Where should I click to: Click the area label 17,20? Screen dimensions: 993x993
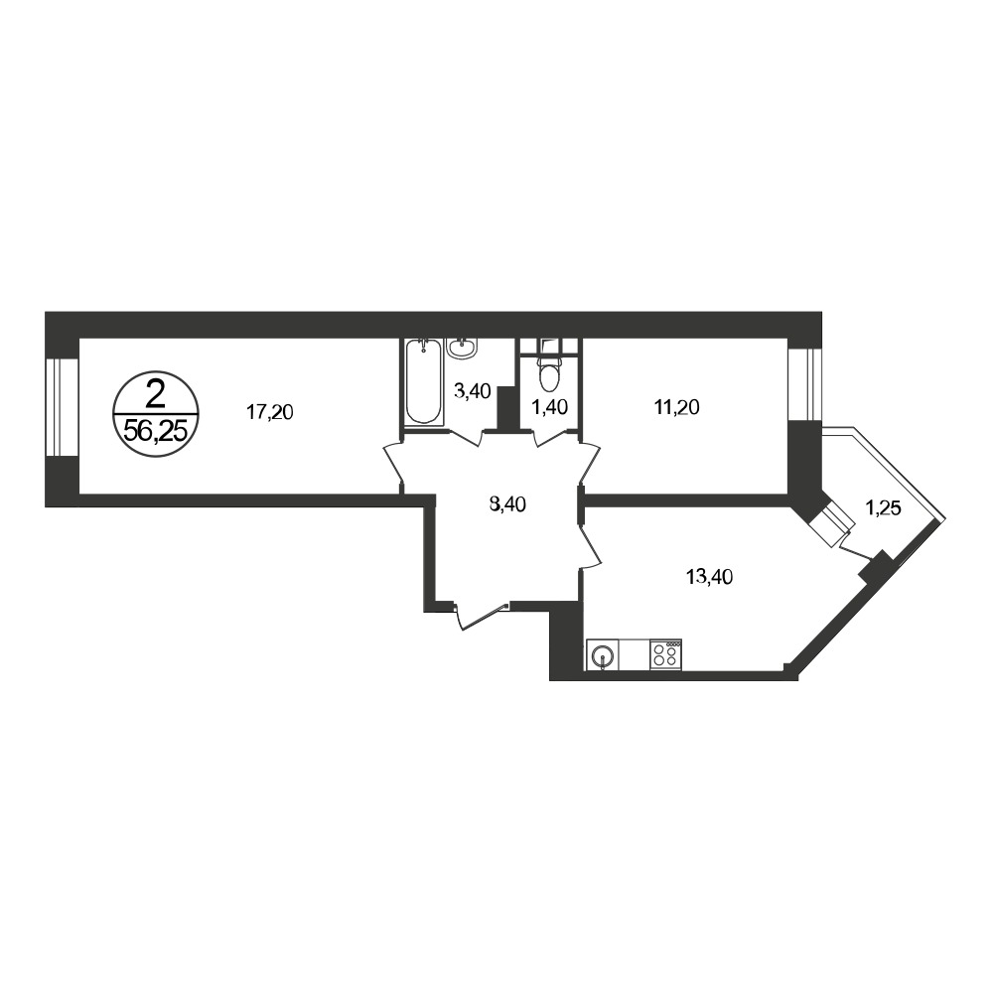tap(270, 412)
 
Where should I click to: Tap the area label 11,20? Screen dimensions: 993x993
tap(676, 407)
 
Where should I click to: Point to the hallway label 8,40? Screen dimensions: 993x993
tap(507, 504)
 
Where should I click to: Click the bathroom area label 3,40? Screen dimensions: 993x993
tap(473, 391)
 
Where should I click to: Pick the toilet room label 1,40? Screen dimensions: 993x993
tap(549, 407)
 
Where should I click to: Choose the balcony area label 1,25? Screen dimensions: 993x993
tap(883, 507)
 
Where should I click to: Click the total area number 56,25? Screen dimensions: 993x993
tap(156, 432)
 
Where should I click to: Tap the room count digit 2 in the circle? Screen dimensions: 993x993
tap(155, 396)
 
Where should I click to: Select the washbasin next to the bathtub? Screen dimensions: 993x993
tap(464, 348)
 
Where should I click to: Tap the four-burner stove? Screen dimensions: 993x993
tap(665, 653)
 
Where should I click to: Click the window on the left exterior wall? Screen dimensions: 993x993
tap(62, 407)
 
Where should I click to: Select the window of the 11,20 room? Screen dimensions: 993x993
tap(804, 384)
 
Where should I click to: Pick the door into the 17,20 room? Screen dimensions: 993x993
tap(394, 464)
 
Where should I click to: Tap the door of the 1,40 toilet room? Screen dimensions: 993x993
tap(550, 438)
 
